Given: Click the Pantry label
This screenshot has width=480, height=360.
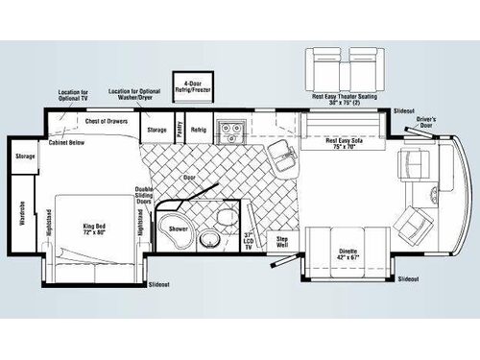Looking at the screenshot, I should click(x=180, y=128).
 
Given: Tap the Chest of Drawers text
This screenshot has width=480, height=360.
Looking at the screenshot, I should click(x=107, y=121).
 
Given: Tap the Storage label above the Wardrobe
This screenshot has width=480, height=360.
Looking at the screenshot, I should click(x=26, y=156).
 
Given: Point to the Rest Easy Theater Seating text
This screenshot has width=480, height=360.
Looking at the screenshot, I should click(x=345, y=96).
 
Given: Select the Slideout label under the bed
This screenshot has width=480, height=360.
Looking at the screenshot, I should click(x=158, y=285).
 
